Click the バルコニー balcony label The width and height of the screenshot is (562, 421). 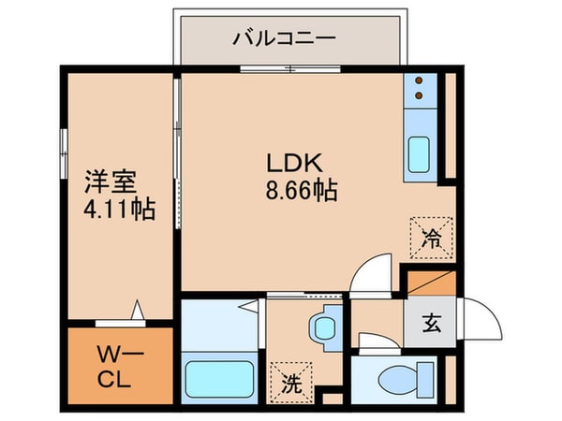point(285,39)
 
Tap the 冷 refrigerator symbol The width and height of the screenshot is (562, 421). point(431,235)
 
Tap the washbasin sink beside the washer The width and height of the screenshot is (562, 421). point(325,327)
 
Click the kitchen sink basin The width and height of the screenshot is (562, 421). point(418,154)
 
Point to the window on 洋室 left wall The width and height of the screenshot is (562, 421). point(64,150)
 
